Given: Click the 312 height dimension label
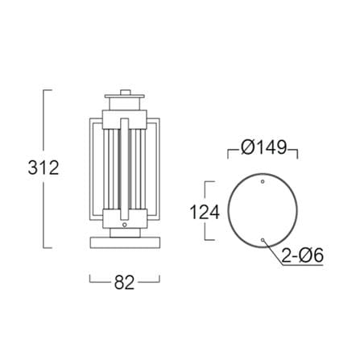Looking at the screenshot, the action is (x=43, y=168).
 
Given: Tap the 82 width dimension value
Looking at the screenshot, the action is (x=124, y=282).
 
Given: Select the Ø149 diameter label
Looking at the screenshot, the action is (x=264, y=147).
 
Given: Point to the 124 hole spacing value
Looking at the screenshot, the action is (x=205, y=212).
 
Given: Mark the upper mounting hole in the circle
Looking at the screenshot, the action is (x=263, y=182).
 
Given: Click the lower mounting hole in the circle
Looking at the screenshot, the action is (x=263, y=240).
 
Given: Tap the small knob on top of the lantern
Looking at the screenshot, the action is (x=125, y=93).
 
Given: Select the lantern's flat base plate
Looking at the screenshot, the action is (x=125, y=242).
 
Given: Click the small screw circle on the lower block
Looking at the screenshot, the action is (x=124, y=225).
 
